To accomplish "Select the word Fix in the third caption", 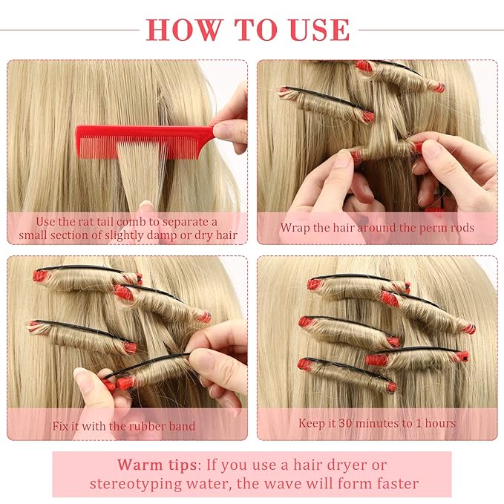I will pos(62,426).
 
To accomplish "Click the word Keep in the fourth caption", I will pos(312,423).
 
